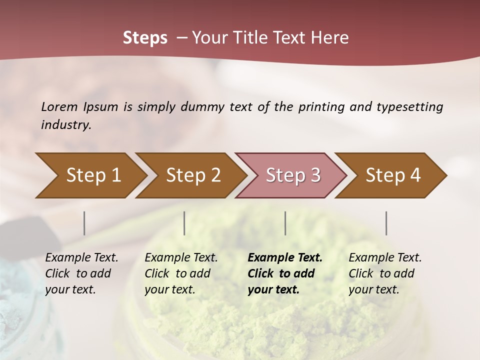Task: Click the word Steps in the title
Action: click(x=145, y=38)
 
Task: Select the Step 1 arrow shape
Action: click(x=93, y=175)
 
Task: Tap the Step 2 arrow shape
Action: click(x=193, y=175)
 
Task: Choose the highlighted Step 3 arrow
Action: click(x=293, y=175)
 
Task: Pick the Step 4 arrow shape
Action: click(x=393, y=175)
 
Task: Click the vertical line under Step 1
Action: click(x=84, y=223)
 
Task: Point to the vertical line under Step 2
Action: click(x=184, y=223)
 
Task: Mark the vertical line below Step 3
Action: click(x=285, y=223)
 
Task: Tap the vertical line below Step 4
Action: click(x=386, y=223)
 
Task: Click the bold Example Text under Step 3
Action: click(x=285, y=258)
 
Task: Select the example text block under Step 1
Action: click(x=81, y=273)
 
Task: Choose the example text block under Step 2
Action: click(x=181, y=273)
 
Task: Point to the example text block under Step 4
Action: click(x=385, y=273)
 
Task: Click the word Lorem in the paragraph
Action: click(x=59, y=107)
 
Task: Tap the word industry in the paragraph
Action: click(x=66, y=125)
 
